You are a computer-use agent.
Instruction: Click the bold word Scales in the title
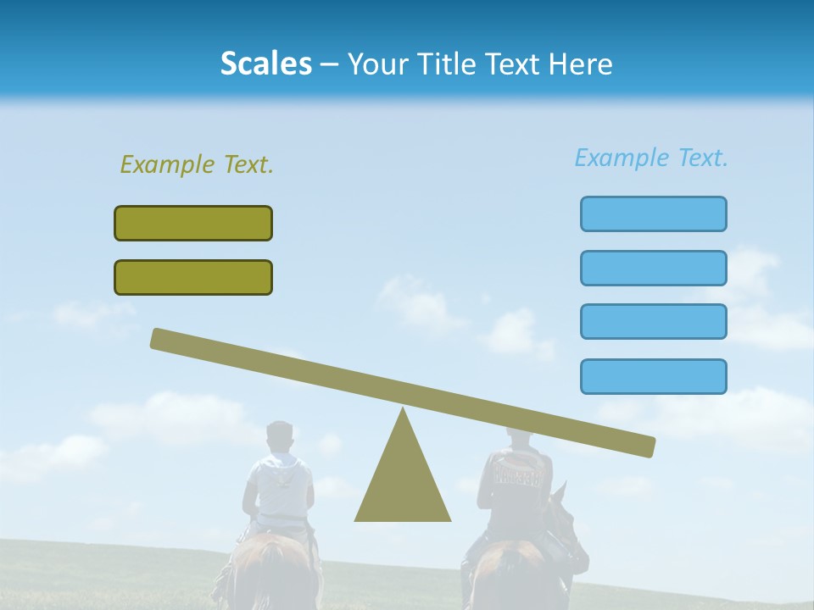pos(265,64)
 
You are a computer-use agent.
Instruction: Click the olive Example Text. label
pos(197,164)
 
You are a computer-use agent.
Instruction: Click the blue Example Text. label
pos(651,158)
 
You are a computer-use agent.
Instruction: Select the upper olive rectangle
pos(193,223)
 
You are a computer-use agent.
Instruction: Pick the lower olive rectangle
pos(193,277)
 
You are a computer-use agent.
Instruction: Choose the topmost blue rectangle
pos(653,213)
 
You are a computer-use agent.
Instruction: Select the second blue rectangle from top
pos(653,268)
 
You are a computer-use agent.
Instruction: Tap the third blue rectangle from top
pos(653,321)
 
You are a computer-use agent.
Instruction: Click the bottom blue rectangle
pos(653,376)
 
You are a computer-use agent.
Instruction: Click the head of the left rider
pos(279,436)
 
